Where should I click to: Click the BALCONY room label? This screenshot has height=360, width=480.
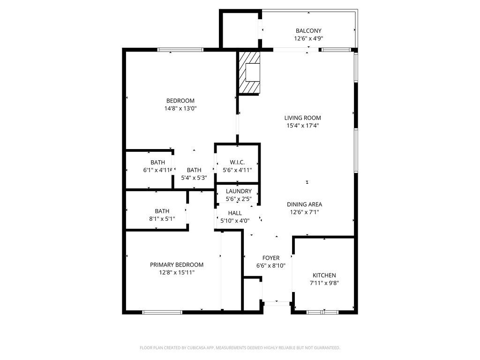[x=308, y=30]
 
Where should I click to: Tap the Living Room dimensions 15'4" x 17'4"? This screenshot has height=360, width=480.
[x=303, y=125]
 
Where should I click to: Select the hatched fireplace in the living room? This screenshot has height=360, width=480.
[x=249, y=73]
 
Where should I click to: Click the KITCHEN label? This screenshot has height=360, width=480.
[x=324, y=275]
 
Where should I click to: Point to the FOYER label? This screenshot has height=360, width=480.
[x=271, y=258]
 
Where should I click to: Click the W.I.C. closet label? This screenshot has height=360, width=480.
[x=237, y=162]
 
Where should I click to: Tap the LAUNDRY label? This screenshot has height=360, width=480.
[x=239, y=191]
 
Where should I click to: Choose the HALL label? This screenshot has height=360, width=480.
[x=235, y=213]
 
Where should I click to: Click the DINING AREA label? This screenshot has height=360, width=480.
[x=304, y=204]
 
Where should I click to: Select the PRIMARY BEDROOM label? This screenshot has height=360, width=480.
[x=177, y=265]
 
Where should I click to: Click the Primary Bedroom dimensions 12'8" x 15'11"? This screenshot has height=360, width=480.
[x=177, y=272]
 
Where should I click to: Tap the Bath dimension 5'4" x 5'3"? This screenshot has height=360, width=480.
[x=194, y=178]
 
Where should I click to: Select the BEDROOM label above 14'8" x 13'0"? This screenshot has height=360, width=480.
[x=180, y=101]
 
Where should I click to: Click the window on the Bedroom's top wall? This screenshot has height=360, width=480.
[x=180, y=50]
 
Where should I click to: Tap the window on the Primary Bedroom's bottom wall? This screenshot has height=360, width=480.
[x=162, y=312]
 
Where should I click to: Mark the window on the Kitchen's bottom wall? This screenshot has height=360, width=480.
[x=322, y=312]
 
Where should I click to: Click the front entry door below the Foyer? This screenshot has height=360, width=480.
[x=277, y=303]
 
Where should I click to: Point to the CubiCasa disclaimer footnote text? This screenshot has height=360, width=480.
[x=240, y=348]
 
